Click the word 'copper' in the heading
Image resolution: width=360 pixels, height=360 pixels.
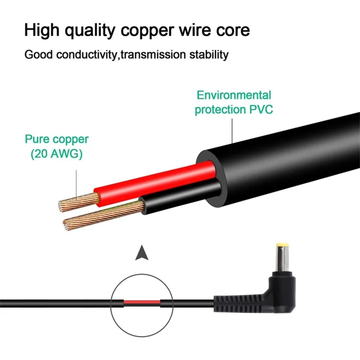(147, 30)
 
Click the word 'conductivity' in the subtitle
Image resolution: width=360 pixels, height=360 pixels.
(86, 54)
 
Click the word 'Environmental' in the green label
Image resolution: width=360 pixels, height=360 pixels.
(234, 95)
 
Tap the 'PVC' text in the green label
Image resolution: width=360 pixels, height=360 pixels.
(260, 109)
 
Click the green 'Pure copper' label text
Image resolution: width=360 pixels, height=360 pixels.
(57, 140)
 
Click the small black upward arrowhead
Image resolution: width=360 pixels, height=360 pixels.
(141, 253)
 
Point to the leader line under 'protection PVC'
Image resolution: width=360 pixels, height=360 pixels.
(232, 130)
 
